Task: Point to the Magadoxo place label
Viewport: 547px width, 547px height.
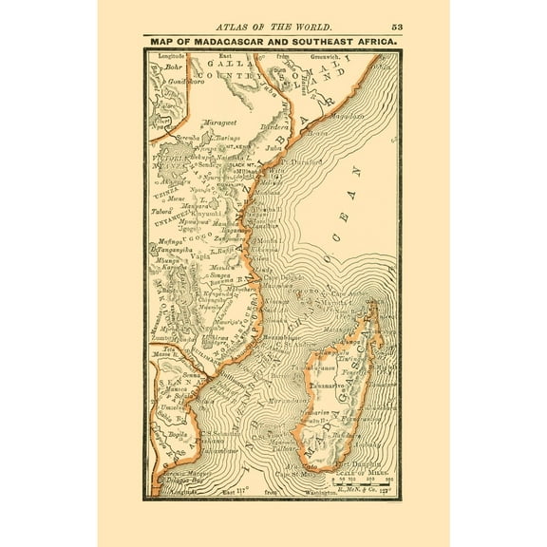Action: coord(348,117)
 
